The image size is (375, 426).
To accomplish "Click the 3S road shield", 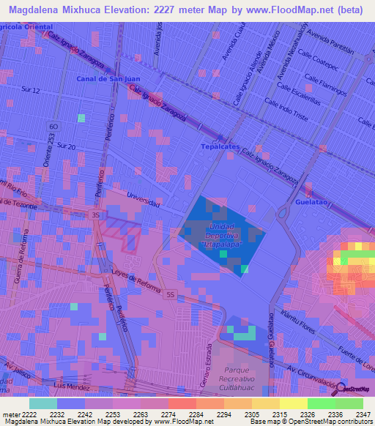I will click(x=95, y=215).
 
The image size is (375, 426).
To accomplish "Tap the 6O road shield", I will click(x=54, y=126).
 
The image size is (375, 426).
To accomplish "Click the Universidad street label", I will click(x=143, y=199).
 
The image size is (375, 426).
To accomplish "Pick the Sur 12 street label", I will click(x=30, y=90).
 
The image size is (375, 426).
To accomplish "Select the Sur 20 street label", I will click(x=66, y=146).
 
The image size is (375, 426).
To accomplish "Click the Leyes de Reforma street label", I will click(x=137, y=280).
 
